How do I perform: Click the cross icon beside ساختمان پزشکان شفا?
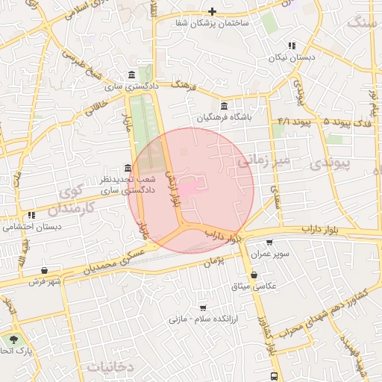(213, 11)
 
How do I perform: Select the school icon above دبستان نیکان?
(292, 46)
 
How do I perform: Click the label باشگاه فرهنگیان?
(225, 117)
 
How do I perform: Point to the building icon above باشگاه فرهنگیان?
(225, 106)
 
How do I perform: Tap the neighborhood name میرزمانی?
(262, 160)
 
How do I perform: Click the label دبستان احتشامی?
(31, 226)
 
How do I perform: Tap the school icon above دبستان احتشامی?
(31, 215)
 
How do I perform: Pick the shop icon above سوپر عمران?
(269, 242)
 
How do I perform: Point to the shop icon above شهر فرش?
(45, 270)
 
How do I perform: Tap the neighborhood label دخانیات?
(110, 367)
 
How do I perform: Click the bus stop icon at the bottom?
(275, 376)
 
